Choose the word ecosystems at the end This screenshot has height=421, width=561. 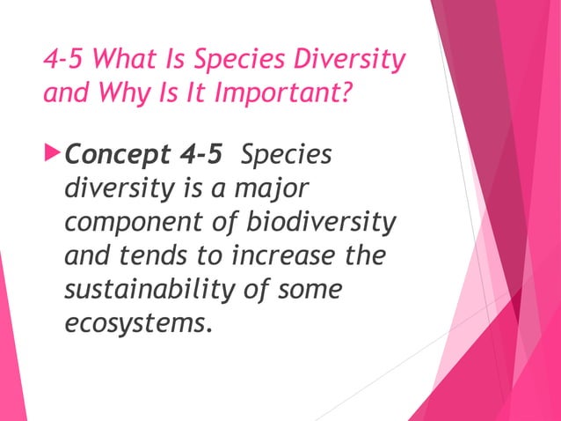pos(138,322)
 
